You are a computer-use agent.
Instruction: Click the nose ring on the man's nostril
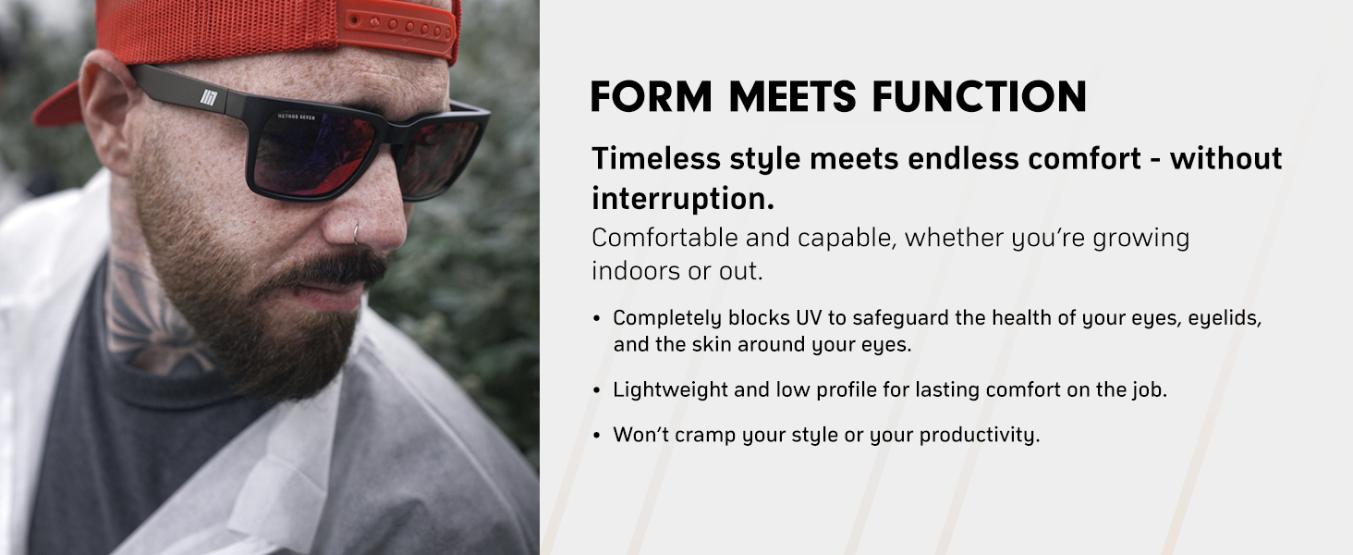357,235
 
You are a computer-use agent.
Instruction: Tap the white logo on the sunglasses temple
209,97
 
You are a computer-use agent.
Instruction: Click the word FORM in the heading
652,97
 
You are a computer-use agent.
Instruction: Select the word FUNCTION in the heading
979,97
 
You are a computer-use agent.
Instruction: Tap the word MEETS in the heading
792,97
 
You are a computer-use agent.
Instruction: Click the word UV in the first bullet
809,317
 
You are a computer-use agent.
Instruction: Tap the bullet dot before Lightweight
597,390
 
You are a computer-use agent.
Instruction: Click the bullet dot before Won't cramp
597,436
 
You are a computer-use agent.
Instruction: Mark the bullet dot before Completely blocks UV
597,318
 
